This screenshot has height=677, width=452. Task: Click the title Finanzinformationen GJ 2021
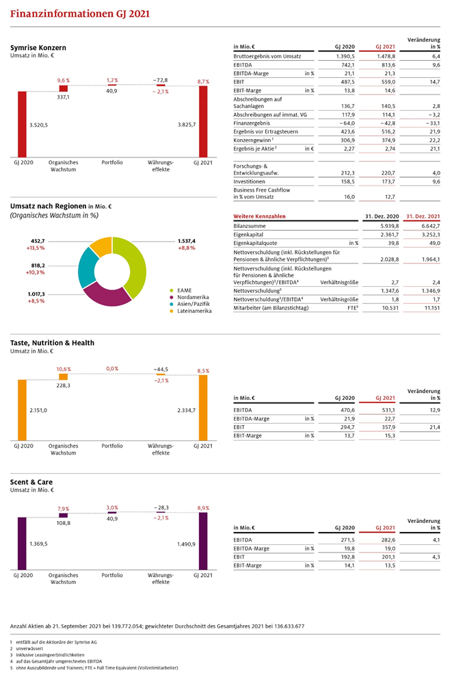(x=80, y=14)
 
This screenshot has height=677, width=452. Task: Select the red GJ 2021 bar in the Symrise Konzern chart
(x=203, y=121)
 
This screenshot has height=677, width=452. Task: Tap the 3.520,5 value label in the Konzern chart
(x=39, y=125)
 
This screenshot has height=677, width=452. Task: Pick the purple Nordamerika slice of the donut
(x=107, y=296)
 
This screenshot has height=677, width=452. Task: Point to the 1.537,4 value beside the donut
(x=187, y=242)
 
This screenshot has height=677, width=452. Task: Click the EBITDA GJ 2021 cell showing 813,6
(x=388, y=65)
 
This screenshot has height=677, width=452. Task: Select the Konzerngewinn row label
(x=253, y=140)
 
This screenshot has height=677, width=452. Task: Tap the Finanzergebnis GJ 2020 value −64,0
(x=347, y=123)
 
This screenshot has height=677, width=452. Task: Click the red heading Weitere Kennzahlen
(x=259, y=216)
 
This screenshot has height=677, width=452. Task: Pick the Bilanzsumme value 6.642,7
(x=431, y=226)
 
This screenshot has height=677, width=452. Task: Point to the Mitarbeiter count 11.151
(x=432, y=308)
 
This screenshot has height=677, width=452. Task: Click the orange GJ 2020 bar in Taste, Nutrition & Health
(x=22, y=410)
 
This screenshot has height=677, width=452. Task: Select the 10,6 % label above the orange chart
(x=64, y=369)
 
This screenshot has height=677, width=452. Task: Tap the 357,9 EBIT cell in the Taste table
(x=388, y=427)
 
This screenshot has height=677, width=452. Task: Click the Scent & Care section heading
(x=31, y=483)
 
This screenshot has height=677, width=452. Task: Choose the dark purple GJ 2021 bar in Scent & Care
(x=203, y=541)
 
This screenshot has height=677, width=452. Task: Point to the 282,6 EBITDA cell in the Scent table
(x=388, y=539)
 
